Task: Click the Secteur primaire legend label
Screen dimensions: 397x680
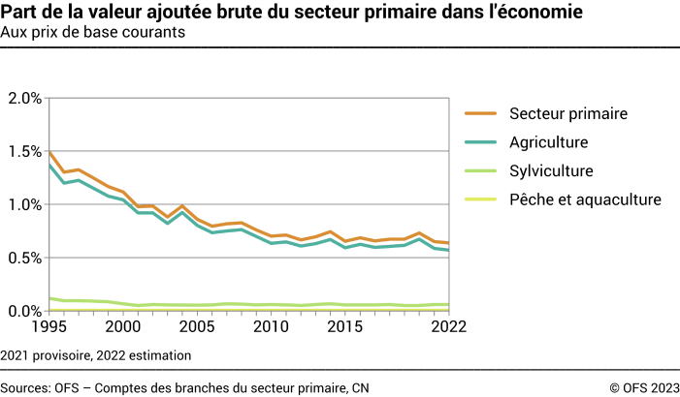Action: click(x=568, y=113)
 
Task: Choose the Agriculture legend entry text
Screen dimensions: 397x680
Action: click(x=549, y=142)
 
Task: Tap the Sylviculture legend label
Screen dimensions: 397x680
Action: click(x=551, y=170)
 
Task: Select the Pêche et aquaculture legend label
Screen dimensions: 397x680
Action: click(x=585, y=199)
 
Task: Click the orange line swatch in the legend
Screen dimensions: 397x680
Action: click(x=479, y=113)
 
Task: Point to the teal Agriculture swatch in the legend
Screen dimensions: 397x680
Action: click(x=479, y=142)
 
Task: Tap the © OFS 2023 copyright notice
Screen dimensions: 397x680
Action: click(x=644, y=387)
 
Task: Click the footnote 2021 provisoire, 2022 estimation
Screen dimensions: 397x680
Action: click(x=96, y=355)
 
